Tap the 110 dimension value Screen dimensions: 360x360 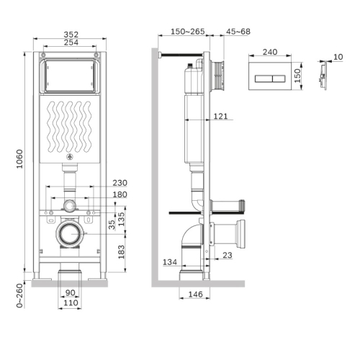70,302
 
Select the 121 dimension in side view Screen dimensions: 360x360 221,117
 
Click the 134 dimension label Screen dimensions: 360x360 170,262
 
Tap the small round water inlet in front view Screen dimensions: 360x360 70,206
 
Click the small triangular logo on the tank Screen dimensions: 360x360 70,157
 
